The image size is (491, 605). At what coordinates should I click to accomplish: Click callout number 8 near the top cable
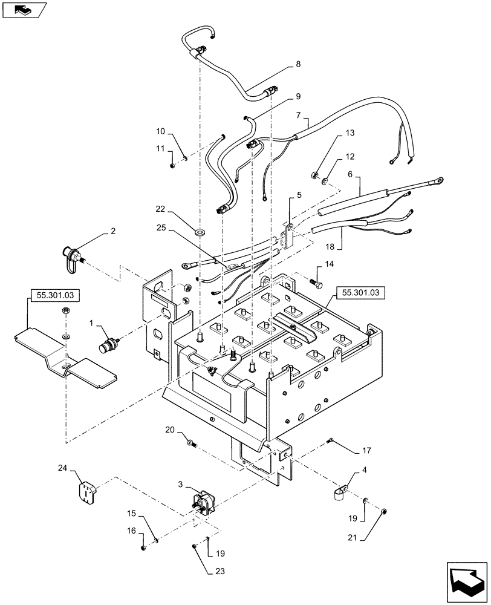[x=297, y=64]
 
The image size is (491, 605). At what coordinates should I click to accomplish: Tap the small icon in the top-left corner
[x=22, y=9]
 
